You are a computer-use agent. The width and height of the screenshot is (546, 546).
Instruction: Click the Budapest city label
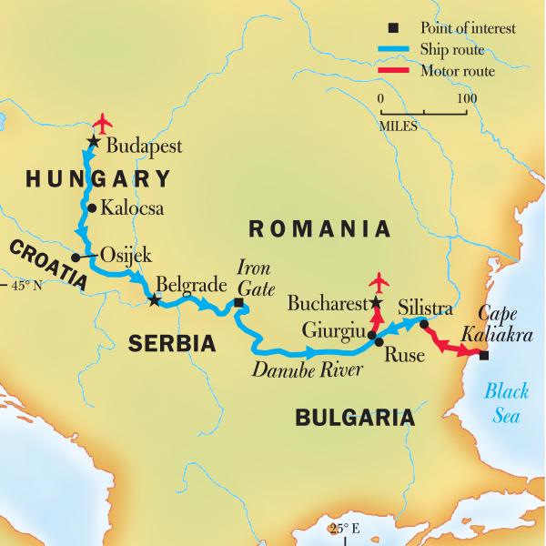(144, 145)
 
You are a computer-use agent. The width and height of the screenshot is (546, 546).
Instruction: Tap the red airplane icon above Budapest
(104, 122)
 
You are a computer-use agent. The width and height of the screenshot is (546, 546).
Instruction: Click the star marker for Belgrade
(154, 300)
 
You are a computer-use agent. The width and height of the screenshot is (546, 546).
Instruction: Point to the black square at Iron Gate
(238, 303)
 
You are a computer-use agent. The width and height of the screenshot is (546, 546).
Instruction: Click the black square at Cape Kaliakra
(483, 356)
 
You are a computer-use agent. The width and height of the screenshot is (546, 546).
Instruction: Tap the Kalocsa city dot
(91, 207)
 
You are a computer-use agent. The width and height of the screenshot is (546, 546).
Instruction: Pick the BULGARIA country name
(354, 418)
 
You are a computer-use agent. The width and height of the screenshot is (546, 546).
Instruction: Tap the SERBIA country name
(171, 343)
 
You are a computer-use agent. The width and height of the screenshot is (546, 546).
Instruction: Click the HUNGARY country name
(98, 177)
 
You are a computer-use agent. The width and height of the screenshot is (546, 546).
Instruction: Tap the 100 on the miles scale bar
(466, 98)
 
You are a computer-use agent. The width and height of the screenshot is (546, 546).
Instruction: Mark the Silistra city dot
(424, 322)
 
